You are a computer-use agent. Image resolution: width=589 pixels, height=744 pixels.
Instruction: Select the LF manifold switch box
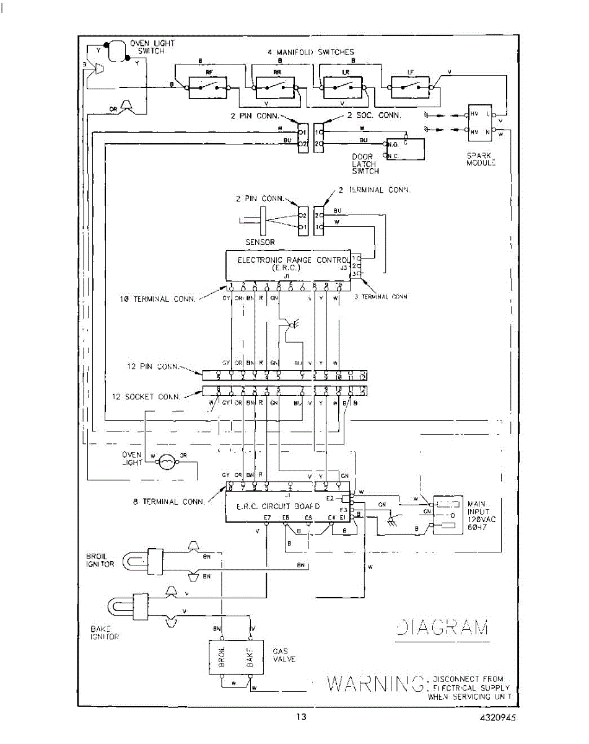pyautogui.click(x=410, y=84)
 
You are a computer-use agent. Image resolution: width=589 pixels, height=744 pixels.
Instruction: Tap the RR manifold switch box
pyautogui.click(x=276, y=84)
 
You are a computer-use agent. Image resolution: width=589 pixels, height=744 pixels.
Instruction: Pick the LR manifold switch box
pyautogui.click(x=344, y=84)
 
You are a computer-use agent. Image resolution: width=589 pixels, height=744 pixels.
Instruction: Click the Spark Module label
pyautogui.click(x=481, y=159)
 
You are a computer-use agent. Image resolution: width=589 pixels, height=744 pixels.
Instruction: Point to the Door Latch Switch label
pyautogui.click(x=365, y=164)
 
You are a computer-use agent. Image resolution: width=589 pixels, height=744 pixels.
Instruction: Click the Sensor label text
pyautogui.click(x=260, y=242)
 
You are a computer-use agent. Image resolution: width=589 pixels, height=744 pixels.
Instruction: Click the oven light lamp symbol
pyautogui.click(x=167, y=462)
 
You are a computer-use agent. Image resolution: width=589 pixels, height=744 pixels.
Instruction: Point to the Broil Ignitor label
pyautogui.click(x=100, y=560)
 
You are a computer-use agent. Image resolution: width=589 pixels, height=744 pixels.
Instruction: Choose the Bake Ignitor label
pyautogui.click(x=104, y=632)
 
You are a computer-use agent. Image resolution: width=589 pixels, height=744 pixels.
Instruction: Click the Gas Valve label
pyautogui.click(x=284, y=655)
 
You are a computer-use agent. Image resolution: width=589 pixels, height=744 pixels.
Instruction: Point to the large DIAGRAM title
pyautogui.click(x=441, y=627)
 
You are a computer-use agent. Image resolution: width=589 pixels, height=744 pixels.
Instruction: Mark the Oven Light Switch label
pyautogui.click(x=152, y=47)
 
